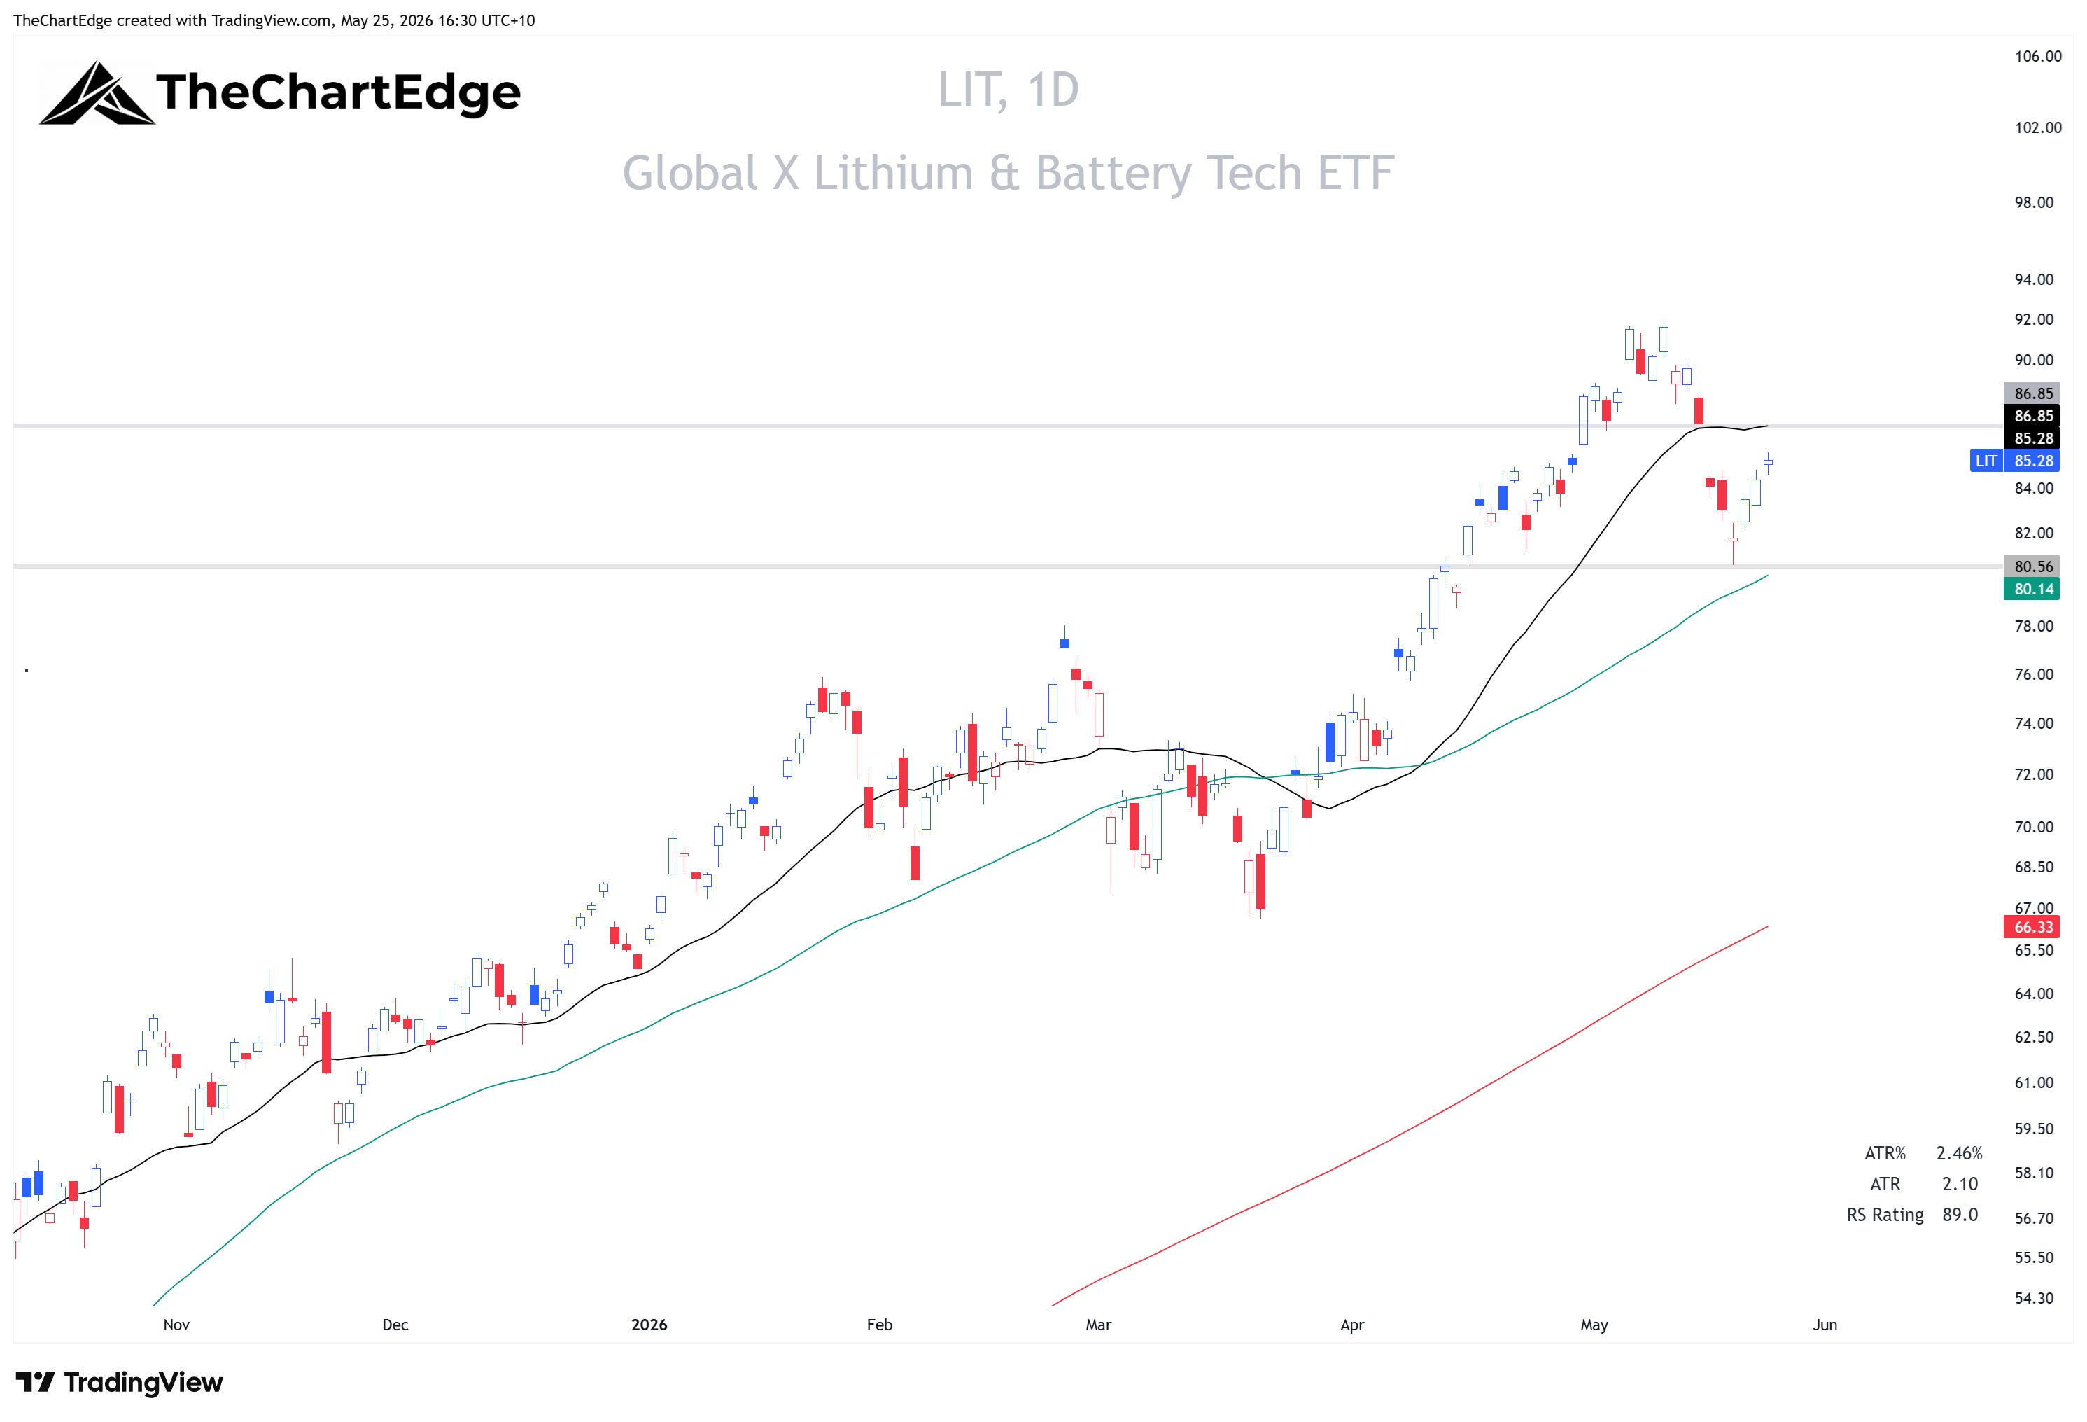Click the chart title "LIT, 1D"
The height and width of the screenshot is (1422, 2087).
click(x=1008, y=90)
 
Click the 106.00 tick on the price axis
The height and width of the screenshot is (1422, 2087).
click(x=2037, y=57)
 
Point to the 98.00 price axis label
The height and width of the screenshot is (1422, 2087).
click(x=2034, y=203)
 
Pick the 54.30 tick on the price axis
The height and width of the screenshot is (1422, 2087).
click(x=2034, y=1298)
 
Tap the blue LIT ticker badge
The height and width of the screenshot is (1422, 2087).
click(x=1986, y=461)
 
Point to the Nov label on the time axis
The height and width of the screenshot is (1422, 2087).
click(x=176, y=1325)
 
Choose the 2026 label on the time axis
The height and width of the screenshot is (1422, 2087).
click(x=649, y=1325)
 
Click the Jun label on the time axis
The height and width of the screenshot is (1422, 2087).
click(x=1825, y=1325)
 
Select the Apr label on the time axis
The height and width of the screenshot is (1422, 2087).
click(x=1351, y=1325)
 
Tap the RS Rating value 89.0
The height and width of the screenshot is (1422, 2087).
click(x=1960, y=1215)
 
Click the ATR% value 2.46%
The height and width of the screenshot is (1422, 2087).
click(x=1959, y=1153)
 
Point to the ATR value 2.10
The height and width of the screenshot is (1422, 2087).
click(x=1960, y=1185)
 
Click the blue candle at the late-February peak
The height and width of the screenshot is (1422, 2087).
click(x=1064, y=642)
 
